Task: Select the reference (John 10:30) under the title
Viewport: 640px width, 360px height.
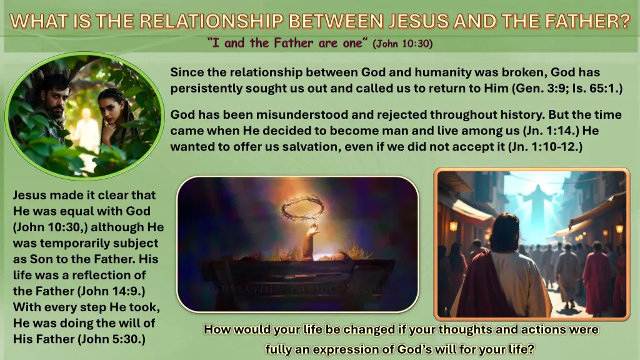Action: (402, 43)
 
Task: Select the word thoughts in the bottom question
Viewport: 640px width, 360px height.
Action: (464, 329)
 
